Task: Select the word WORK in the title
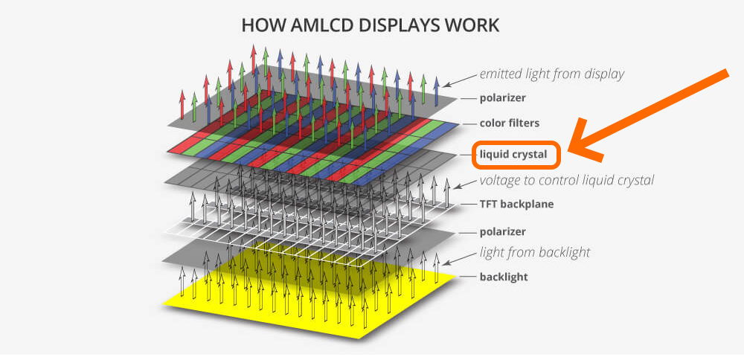tap(474, 25)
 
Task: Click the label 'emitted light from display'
tap(551, 74)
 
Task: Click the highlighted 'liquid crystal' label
tap(513, 155)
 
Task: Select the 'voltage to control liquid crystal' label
tap(567, 180)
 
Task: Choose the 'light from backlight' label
tap(535, 252)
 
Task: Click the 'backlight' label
tap(504, 277)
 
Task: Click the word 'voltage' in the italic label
tap(501, 180)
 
